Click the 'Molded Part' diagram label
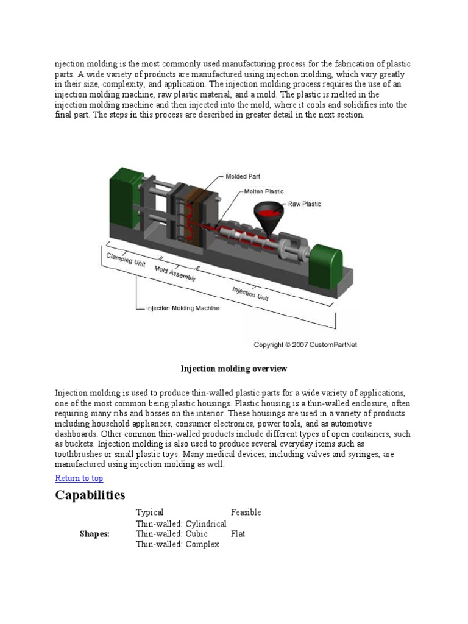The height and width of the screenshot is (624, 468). click(x=243, y=177)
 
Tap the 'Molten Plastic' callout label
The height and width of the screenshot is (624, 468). click(x=264, y=191)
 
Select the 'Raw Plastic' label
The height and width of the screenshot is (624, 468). click(x=305, y=204)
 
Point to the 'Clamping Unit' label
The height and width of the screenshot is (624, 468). click(x=126, y=260)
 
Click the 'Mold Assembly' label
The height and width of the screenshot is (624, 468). click(x=175, y=274)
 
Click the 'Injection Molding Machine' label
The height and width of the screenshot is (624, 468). click(x=182, y=308)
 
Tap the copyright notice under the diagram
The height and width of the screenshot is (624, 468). click(x=305, y=344)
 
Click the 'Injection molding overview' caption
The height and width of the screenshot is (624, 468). click(x=233, y=369)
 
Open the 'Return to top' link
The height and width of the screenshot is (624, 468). click(x=79, y=478)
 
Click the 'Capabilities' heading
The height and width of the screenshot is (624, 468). click(x=90, y=494)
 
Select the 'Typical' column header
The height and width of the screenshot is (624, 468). click(x=150, y=512)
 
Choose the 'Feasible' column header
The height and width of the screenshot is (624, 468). click(x=246, y=512)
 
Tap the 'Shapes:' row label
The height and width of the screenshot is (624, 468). click(x=94, y=534)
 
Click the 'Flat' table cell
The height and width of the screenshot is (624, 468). click(x=238, y=534)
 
